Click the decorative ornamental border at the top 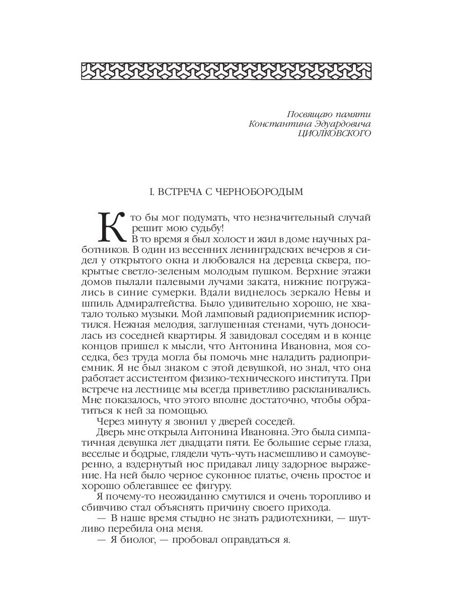click(226, 70)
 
